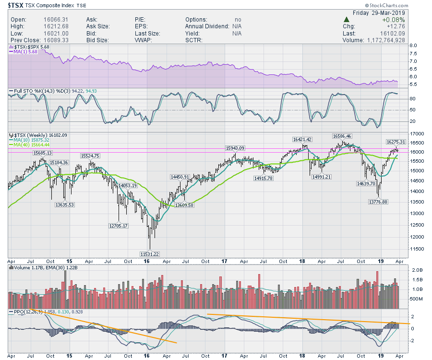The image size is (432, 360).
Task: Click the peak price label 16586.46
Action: (x=341, y=136)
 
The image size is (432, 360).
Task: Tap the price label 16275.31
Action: (x=396, y=142)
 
